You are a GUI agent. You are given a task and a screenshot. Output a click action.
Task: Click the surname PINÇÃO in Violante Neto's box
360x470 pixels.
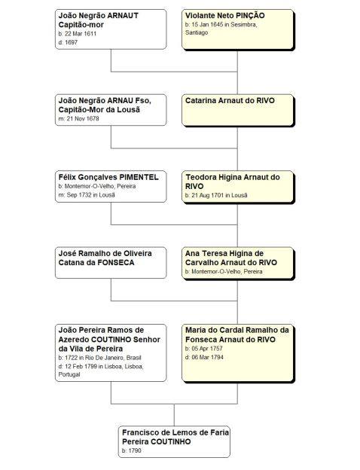coord(250,16)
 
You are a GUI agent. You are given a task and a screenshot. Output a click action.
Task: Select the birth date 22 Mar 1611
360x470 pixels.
coord(81,34)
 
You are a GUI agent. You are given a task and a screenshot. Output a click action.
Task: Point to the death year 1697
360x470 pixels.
coord(72,42)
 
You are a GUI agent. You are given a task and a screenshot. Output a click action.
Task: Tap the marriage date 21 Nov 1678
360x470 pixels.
coord(83,118)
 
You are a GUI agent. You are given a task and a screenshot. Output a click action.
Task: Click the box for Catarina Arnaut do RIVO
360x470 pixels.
coord(237,110)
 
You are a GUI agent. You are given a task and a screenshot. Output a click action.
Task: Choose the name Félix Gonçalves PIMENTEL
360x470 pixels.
coord(108,177)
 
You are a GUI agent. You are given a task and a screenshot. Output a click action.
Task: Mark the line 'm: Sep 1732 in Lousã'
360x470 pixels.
coord(87,195)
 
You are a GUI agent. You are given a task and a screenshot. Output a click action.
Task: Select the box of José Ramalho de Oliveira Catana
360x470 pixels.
coord(111,263)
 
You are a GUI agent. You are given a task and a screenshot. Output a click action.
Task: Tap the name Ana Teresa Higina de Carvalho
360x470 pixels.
coord(224,258)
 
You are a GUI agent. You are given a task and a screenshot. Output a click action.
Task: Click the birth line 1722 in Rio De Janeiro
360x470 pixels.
coord(100,358)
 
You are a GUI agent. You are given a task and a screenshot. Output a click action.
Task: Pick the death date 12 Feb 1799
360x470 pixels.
coord(81,366)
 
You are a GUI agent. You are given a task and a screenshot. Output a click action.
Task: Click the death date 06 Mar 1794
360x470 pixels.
coord(207,357)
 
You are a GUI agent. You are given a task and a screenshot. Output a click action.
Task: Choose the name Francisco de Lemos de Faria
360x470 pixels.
coord(175,432)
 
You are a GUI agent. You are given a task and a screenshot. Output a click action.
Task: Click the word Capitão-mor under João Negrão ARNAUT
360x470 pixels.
coord(81,25)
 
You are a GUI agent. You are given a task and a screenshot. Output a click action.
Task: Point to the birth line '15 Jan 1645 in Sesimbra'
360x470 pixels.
coord(221,25)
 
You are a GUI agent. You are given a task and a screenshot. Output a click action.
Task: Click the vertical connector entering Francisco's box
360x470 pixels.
coord(174,415)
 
